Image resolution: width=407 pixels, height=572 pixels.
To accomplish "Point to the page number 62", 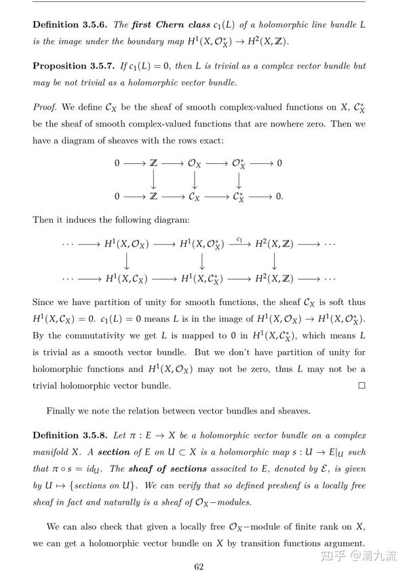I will (x=199, y=567).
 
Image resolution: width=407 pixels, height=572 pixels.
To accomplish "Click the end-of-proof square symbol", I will (x=362, y=386).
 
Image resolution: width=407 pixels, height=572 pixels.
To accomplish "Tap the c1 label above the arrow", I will (x=239, y=239).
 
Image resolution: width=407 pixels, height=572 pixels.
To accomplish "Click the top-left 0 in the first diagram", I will (x=117, y=163).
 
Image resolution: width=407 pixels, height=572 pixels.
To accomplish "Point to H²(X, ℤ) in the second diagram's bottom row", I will (x=274, y=279).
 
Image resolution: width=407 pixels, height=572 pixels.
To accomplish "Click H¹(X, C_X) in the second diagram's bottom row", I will (x=127, y=279).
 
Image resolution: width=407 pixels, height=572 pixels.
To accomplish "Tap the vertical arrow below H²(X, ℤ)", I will (x=274, y=262).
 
